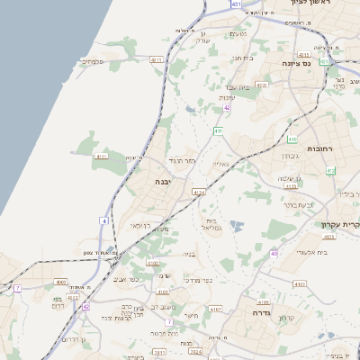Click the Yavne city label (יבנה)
tap(164, 181)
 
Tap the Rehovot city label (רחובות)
tap(319, 148)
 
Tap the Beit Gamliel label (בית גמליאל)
tap(212, 224)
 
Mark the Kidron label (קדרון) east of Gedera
tap(289, 319)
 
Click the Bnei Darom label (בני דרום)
tap(61, 301)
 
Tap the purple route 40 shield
tap(274, 253)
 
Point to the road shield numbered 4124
tap(199, 192)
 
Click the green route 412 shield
tap(330, 170)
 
